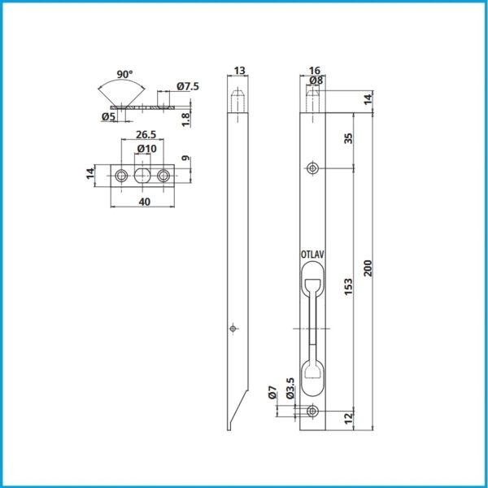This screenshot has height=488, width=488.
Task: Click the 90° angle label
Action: pyautogui.click(x=124, y=75)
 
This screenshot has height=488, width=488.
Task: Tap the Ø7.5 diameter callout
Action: pyautogui.click(x=188, y=86)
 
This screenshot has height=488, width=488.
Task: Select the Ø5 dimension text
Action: pyautogui.click(x=108, y=116)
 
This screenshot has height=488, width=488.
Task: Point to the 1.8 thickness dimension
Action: pyautogui.click(x=185, y=120)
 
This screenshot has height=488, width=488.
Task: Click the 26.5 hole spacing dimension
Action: pyautogui.click(x=146, y=135)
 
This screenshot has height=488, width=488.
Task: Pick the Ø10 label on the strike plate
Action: pyautogui.click(x=147, y=149)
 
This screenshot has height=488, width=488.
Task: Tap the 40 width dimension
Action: pyautogui.click(x=145, y=202)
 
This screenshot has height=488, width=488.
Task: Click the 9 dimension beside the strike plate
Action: pyautogui.click(x=185, y=158)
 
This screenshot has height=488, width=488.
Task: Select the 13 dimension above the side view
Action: pyautogui.click(x=239, y=71)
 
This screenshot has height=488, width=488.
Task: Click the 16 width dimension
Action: pyautogui.click(x=315, y=71)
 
